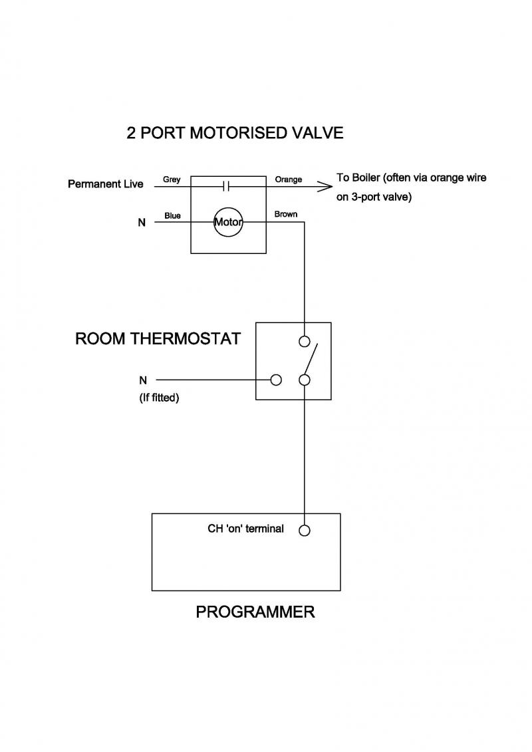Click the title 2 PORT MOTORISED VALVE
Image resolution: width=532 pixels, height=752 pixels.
(235, 133)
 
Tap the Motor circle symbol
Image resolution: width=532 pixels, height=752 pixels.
(228, 222)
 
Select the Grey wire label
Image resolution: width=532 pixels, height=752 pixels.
(172, 180)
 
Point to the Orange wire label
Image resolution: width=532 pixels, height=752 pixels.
(288, 180)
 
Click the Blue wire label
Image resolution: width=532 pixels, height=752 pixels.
(172, 215)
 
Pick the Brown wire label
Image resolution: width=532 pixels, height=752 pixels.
(286, 214)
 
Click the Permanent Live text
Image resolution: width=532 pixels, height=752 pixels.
(105, 184)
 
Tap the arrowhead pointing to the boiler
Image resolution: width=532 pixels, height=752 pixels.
(325, 187)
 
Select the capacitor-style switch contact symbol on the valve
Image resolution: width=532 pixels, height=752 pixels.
(225, 187)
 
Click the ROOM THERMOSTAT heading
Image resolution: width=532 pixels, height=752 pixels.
(158, 339)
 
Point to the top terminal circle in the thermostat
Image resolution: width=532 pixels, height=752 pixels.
(305, 342)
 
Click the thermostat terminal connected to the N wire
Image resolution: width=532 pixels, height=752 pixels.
(276, 380)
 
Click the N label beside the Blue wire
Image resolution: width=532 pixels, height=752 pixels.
(142, 223)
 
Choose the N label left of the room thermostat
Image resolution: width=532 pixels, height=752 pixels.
(143, 380)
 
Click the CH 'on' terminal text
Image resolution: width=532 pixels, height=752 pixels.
(246, 529)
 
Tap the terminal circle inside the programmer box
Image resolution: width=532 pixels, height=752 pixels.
(305, 531)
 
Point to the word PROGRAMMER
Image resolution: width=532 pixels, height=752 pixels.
(255, 612)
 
